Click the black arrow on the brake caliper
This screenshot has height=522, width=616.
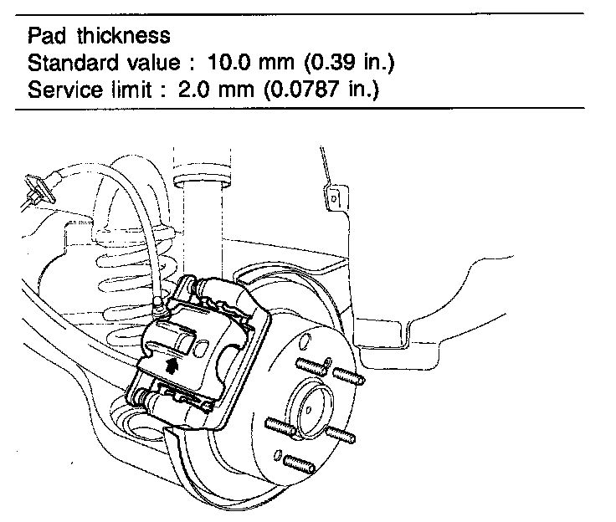(172, 364)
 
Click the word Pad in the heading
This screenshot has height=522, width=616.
(45, 36)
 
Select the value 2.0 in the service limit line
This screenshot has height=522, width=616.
(193, 90)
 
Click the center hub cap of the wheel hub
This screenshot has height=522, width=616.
(315, 407)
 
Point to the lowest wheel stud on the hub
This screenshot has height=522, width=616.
(298, 463)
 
